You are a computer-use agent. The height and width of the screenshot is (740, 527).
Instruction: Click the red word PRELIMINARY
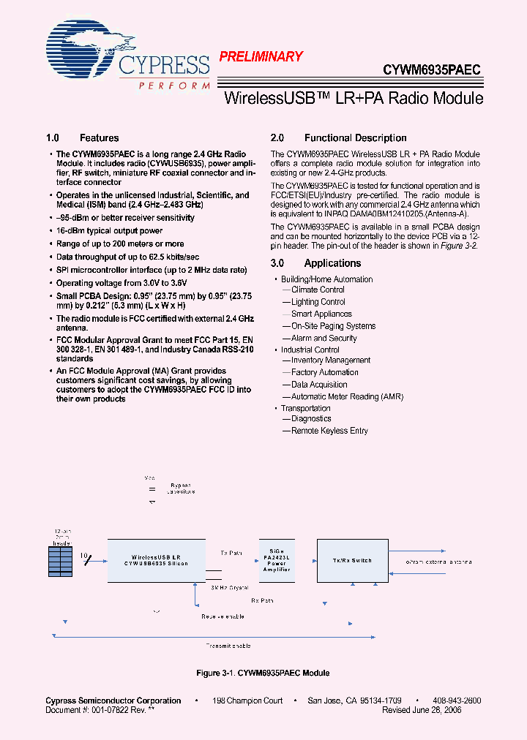[261, 56]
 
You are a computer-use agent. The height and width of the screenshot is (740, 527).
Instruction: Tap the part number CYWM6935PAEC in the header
[432, 70]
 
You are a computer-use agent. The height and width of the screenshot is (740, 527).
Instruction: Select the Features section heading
[82, 138]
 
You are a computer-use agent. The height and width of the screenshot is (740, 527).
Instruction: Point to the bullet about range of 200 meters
[120, 243]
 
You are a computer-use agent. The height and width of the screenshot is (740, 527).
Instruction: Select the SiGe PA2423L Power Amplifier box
[276, 560]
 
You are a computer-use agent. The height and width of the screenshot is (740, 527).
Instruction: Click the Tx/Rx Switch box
[352, 560]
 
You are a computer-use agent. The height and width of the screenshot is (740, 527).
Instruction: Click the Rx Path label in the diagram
[263, 600]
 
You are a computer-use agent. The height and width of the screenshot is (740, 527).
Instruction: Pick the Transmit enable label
[228, 646]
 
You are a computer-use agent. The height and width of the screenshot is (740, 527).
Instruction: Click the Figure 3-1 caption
[263, 673]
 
